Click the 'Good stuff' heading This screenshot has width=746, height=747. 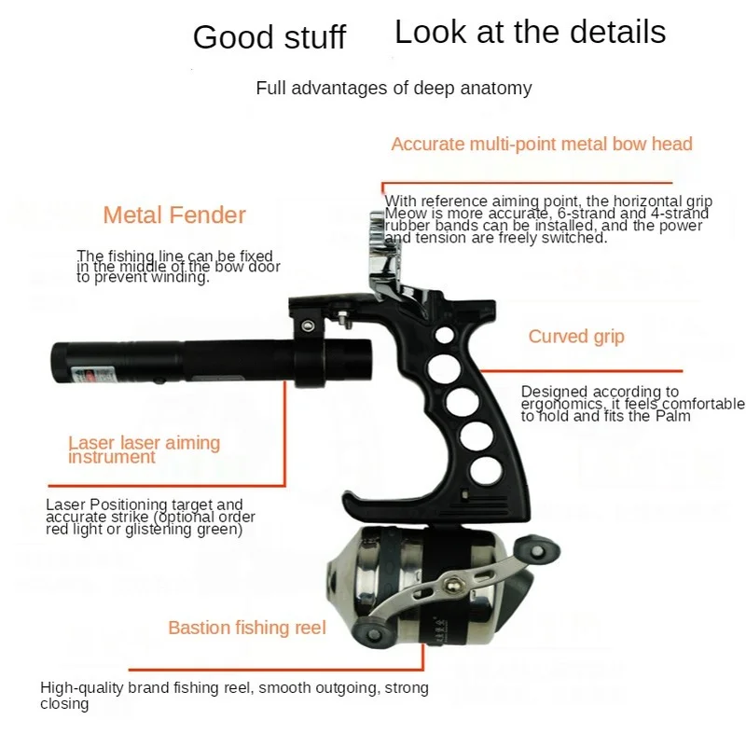(x=269, y=37)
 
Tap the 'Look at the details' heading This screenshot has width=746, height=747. (x=530, y=32)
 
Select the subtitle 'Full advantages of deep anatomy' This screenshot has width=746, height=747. (x=394, y=89)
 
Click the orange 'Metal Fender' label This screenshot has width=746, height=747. (x=174, y=215)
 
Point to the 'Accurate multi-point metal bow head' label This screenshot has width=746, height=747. (x=542, y=144)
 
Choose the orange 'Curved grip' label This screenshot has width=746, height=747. (x=576, y=337)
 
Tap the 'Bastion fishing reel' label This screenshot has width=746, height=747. (x=247, y=628)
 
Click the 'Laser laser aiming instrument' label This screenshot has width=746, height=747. (x=144, y=450)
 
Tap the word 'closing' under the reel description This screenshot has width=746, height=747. (x=64, y=704)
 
